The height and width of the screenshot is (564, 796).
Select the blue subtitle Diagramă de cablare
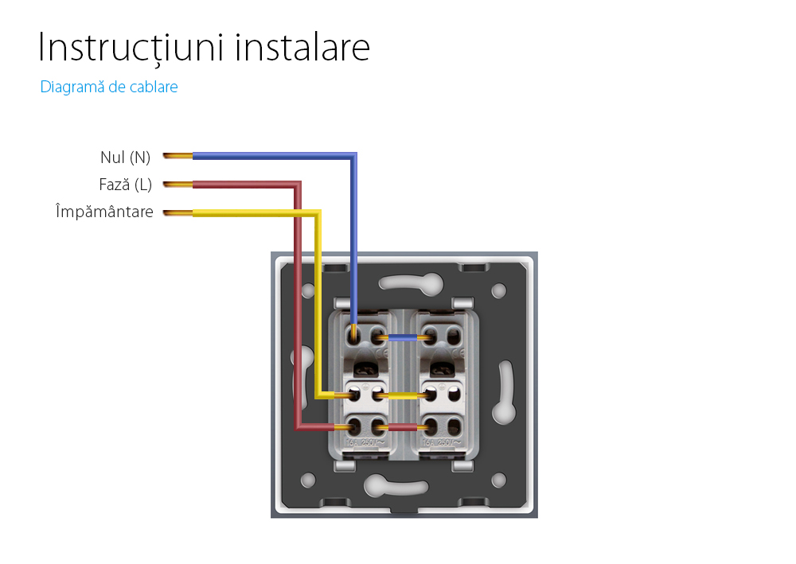tap(109, 88)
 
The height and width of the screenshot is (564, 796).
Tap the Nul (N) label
tap(125, 157)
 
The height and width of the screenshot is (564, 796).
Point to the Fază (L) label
tap(125, 185)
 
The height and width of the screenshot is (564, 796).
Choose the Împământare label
tap(104, 212)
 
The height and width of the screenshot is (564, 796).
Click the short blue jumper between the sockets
tap(404, 337)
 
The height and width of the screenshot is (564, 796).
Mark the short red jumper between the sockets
tap(404, 427)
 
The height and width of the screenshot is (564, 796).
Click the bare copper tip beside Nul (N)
tap(178, 156)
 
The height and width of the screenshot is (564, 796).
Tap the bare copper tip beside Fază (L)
tap(178, 185)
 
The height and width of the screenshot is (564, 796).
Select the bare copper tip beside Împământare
tap(178, 213)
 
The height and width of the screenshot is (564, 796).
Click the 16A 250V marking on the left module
tap(366, 442)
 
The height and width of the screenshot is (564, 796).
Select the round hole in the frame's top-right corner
tap(499, 290)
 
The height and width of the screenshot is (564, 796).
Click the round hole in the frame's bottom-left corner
tap(307, 480)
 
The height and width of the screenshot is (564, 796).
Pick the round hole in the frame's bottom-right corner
tap(499, 480)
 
